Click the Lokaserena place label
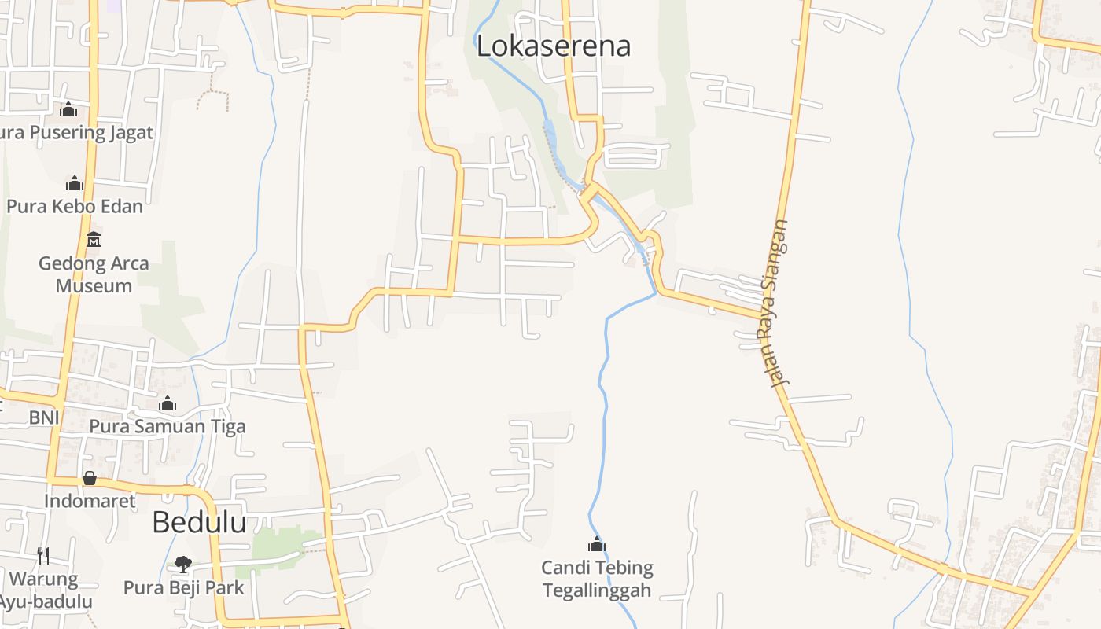click(x=554, y=46)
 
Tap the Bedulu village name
click(x=199, y=522)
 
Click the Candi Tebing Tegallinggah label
click(x=597, y=579)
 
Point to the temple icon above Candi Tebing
click(x=597, y=544)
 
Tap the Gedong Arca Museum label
click(x=94, y=274)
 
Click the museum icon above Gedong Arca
click(x=94, y=239)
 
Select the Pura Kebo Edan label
click(x=75, y=207)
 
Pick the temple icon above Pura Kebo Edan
click(x=75, y=183)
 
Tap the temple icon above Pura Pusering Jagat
click(x=68, y=109)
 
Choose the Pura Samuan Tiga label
click(x=168, y=426)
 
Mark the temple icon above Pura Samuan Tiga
click(x=168, y=404)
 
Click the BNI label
click(x=44, y=417)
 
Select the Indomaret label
click(x=90, y=501)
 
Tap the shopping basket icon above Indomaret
click(x=90, y=478)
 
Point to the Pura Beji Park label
click(x=184, y=587)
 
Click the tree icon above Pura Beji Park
click(x=183, y=564)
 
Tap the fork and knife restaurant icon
click(x=43, y=556)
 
